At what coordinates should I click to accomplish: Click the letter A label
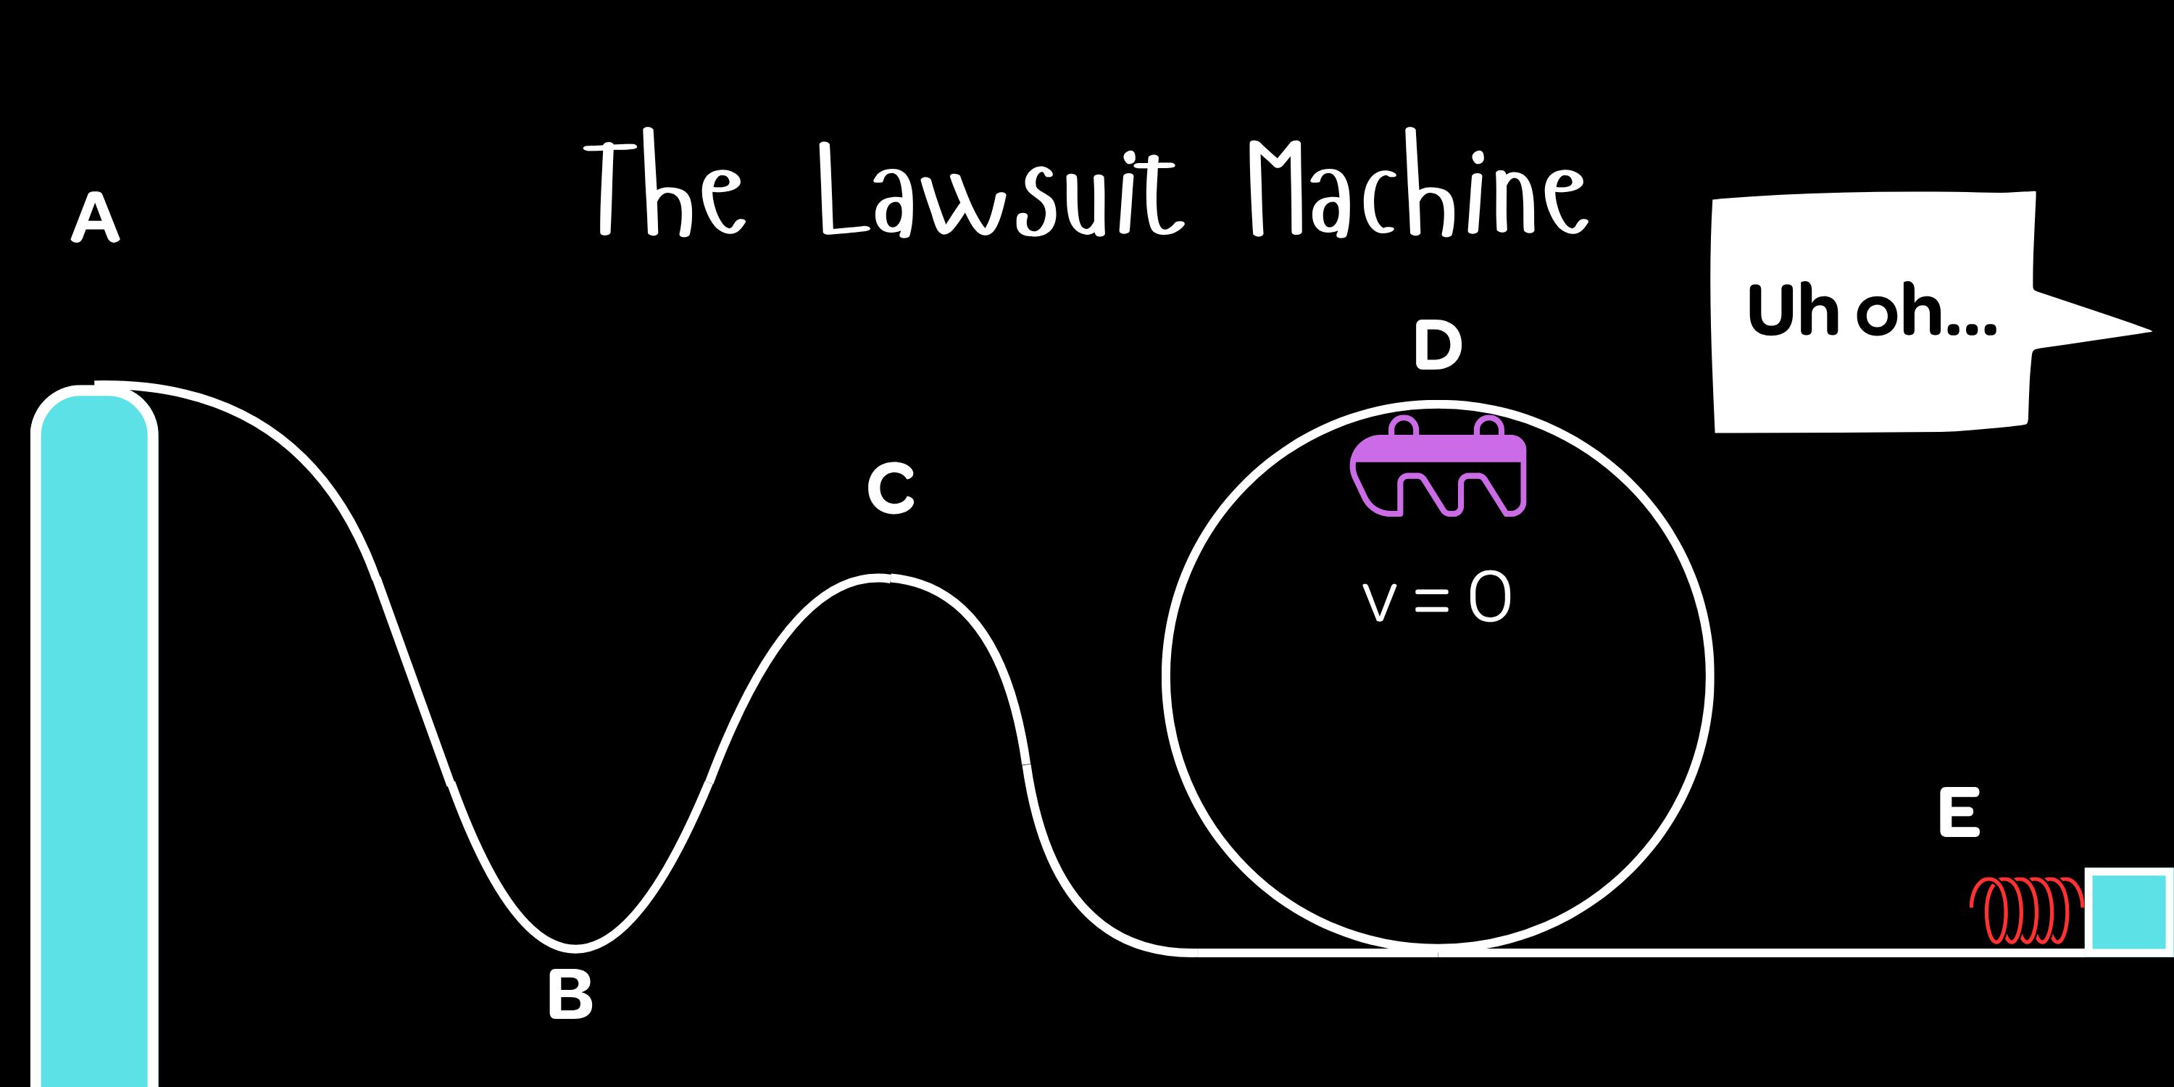coord(96,217)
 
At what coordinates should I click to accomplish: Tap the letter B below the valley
coord(570,994)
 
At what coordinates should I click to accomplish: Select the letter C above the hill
coord(891,488)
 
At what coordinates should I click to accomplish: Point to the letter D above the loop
coord(1437,344)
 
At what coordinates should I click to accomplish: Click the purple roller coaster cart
coord(1438,468)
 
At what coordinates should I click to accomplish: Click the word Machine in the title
coord(1418,186)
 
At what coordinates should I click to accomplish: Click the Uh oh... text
coord(1872,311)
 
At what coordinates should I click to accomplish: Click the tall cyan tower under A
coord(94,743)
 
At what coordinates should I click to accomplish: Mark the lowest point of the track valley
coord(575,948)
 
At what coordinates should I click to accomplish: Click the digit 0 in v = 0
coord(1490,596)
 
